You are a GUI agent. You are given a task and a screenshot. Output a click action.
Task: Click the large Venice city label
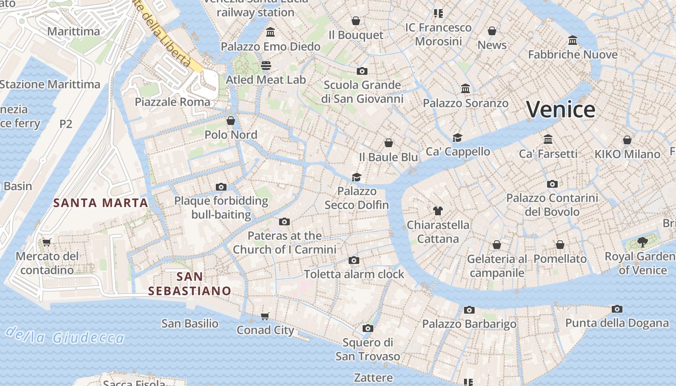pos(560,110)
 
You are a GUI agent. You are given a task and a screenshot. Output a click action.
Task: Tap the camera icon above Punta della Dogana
pos(617,309)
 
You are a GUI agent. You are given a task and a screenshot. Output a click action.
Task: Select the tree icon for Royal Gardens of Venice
pos(642,242)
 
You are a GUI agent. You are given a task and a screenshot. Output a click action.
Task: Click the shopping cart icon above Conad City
pos(265,316)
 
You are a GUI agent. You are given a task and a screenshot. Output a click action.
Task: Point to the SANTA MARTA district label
pos(100,203)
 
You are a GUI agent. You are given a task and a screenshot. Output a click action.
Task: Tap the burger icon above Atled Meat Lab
pos(266,65)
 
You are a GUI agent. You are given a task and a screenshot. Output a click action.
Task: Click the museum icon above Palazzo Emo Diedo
pos(270,32)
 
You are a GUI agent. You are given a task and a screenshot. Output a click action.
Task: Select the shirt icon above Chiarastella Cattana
pos(437,210)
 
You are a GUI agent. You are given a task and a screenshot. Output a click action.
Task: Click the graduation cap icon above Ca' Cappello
pos(457,138)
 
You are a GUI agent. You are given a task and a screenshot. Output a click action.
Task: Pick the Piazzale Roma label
pos(172,102)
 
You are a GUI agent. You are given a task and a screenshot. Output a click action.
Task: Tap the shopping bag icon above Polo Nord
pos(231,120)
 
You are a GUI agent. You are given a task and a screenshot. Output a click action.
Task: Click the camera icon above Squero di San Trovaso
pos(367,329)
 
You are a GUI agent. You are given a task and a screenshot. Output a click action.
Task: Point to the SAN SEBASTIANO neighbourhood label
pos(189,284)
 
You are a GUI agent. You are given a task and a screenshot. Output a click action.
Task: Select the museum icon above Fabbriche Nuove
pos(573,40)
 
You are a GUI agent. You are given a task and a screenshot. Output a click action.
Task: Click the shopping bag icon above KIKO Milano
pos(627,140)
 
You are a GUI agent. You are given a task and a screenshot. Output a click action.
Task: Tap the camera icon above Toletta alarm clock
pos(353,260)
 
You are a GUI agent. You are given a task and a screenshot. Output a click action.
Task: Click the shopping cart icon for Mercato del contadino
pos(46,242)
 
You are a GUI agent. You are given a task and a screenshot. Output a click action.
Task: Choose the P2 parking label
pos(66,124)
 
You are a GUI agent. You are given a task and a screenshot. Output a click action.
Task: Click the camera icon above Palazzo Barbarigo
pos(469,310)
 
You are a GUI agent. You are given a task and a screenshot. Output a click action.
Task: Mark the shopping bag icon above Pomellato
pos(560,245)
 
